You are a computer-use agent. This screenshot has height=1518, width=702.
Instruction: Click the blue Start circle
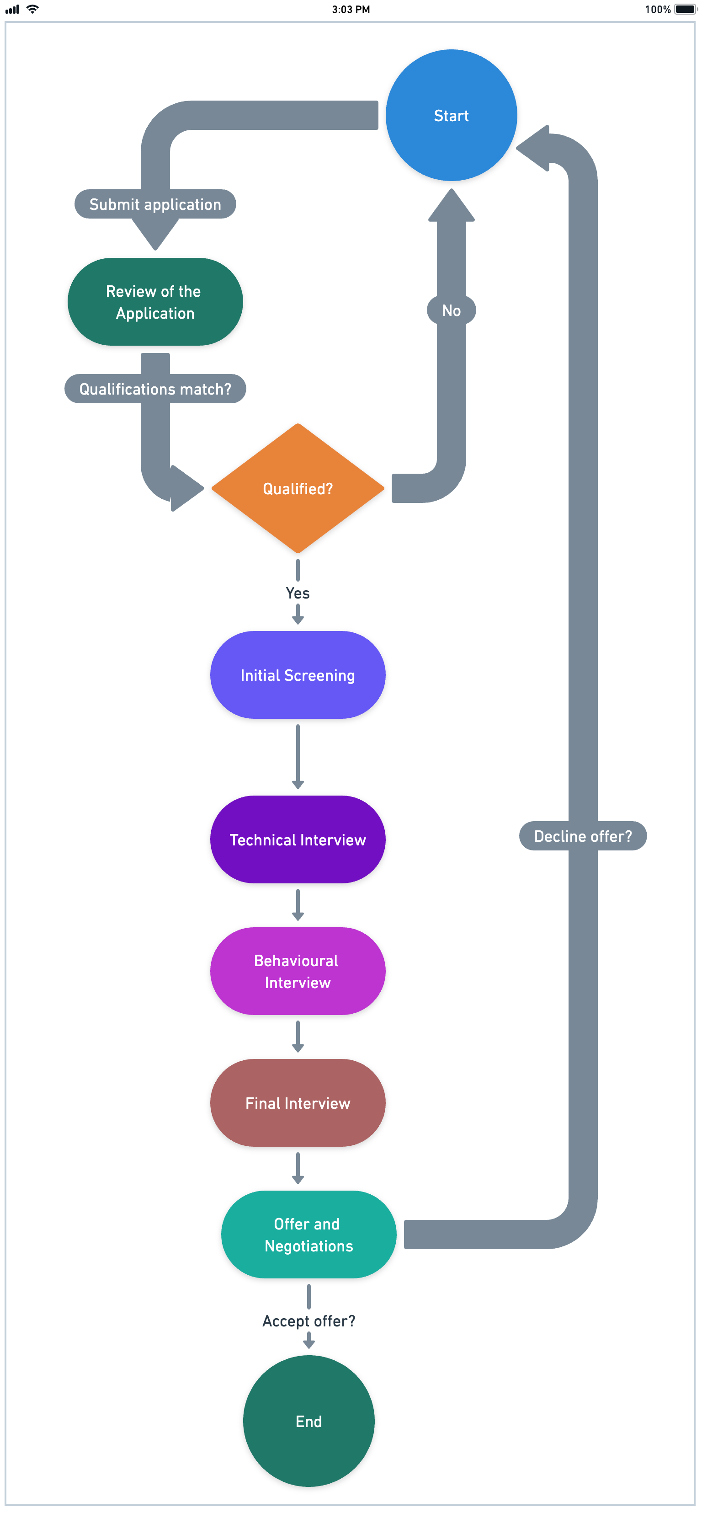click(x=451, y=116)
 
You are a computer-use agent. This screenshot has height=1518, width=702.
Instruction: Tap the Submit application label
click(x=155, y=204)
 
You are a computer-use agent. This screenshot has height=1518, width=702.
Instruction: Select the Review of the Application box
click(x=155, y=302)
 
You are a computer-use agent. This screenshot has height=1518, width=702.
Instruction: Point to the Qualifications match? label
click(x=155, y=389)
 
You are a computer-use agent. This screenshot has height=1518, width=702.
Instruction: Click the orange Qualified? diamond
click(x=298, y=488)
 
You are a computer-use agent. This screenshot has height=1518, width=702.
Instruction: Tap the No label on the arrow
click(x=451, y=310)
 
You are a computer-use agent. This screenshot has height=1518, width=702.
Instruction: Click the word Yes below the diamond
click(x=298, y=593)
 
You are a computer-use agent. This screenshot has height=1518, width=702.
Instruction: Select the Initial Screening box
click(x=298, y=675)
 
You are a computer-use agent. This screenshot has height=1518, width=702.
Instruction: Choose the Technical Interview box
click(x=298, y=840)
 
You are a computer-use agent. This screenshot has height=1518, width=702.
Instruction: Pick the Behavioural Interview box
click(x=298, y=972)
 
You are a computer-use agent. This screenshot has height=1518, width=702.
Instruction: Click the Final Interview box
click(x=298, y=1103)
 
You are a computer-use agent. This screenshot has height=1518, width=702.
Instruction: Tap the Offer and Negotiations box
click(x=308, y=1235)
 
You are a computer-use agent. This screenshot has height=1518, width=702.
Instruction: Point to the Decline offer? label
click(x=582, y=836)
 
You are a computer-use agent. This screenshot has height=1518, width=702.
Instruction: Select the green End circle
click(x=308, y=1422)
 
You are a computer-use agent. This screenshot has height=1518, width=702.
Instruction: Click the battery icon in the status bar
click(x=685, y=10)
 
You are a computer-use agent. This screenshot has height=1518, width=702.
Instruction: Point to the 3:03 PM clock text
click(x=351, y=10)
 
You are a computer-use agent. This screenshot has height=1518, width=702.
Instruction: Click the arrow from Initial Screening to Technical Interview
click(x=298, y=757)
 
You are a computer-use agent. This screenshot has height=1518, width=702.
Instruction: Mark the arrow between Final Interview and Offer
click(x=298, y=1168)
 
